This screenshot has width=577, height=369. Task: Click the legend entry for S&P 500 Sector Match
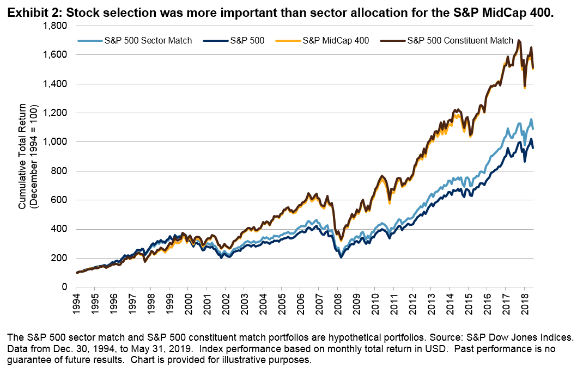point(148,41)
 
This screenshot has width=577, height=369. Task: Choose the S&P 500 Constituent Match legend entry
point(460,41)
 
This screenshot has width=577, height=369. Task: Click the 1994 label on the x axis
point(77,304)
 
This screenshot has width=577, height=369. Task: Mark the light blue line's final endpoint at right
point(532,129)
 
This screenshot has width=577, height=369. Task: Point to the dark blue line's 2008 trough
point(341,256)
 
